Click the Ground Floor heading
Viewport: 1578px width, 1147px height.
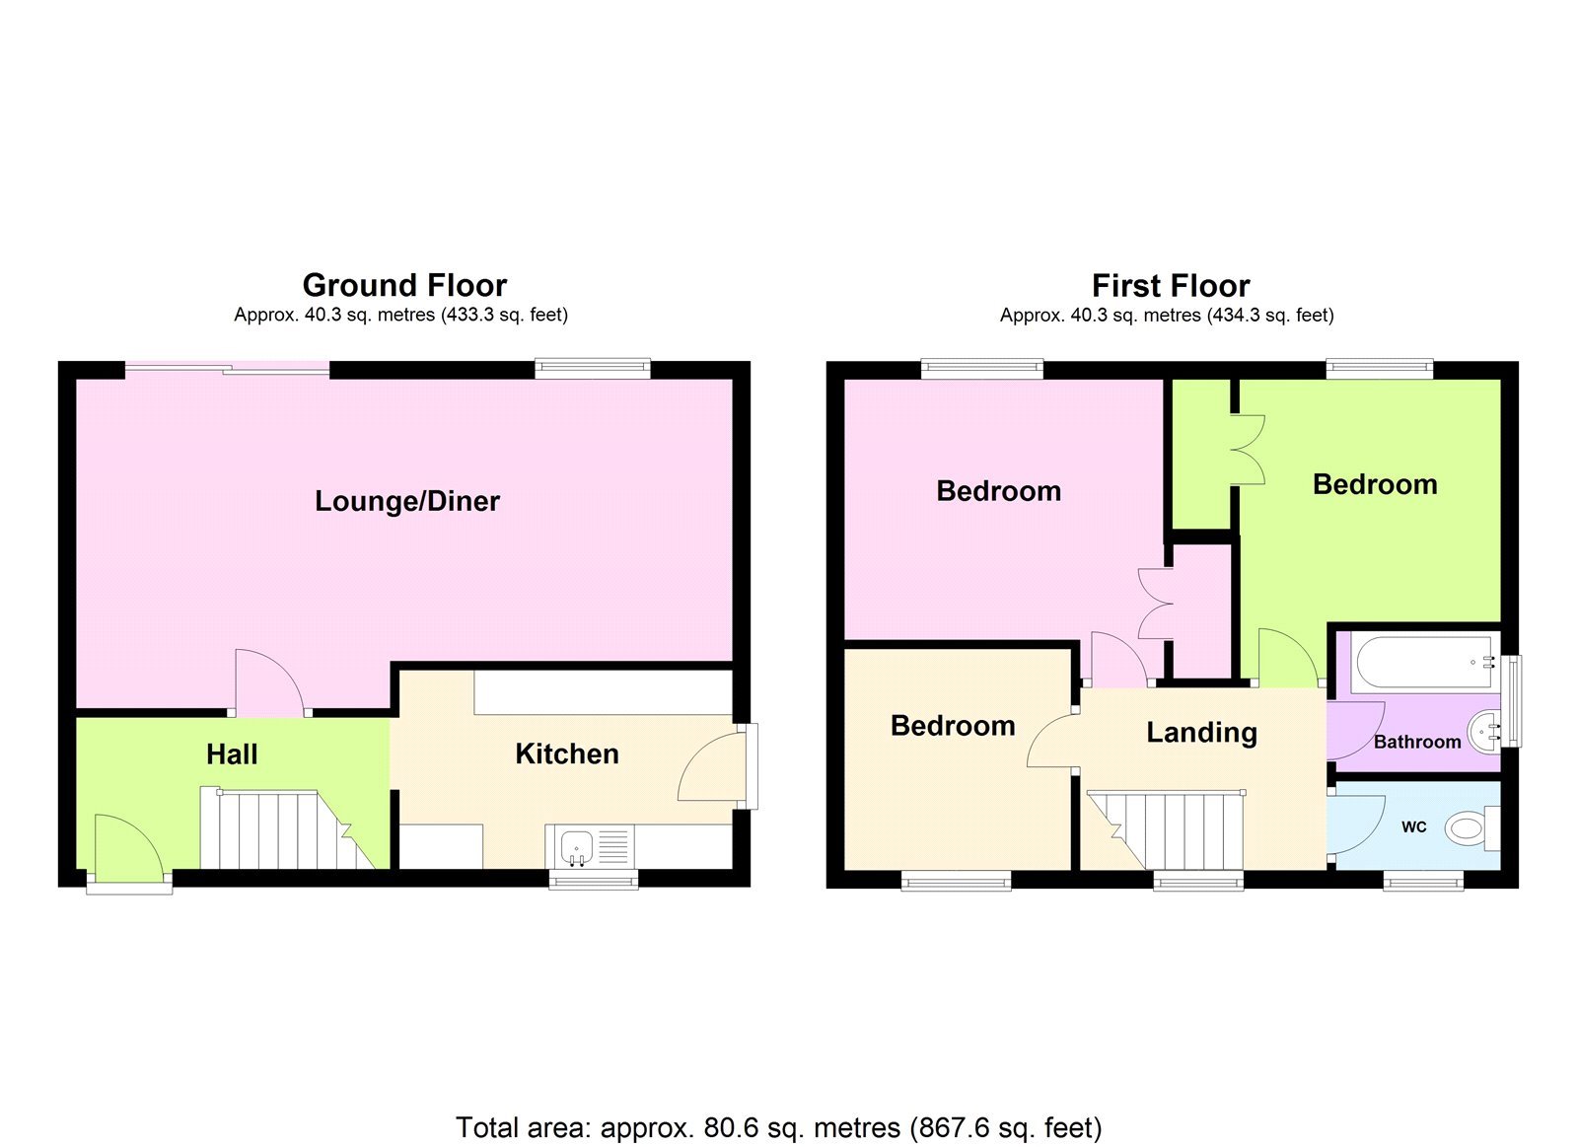point(404,285)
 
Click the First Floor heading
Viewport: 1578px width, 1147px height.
point(1170,286)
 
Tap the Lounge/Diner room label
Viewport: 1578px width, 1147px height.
point(406,501)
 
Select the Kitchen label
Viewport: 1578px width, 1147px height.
point(566,754)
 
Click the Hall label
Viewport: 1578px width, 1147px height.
point(232,754)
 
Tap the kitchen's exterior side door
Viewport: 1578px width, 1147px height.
point(712,766)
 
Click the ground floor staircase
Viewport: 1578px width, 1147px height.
point(281,828)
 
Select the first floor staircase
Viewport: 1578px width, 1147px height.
point(1169,828)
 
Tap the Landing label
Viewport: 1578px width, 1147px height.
point(1201,733)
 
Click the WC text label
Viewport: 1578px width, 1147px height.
point(1413,827)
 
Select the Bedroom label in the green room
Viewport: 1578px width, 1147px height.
point(1375,485)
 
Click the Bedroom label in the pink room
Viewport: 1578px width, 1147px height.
point(998,491)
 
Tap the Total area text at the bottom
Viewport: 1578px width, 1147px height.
point(778,1127)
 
